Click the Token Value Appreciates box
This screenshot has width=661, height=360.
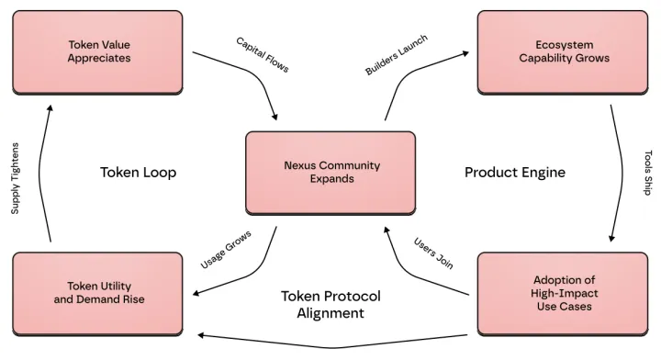point(98,52)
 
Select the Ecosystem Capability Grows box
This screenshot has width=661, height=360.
point(563,52)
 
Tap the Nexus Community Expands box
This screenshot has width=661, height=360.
point(330,173)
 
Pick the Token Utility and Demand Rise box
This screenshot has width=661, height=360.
point(98,294)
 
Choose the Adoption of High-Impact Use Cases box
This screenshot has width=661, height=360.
point(563,294)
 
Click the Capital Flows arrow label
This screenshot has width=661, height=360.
point(263,55)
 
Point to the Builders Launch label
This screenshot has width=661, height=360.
point(397,55)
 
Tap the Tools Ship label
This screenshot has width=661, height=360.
point(648,173)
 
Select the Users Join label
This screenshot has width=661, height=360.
point(433,253)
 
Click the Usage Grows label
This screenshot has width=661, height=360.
point(226,250)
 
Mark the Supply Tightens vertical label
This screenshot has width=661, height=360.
point(16,178)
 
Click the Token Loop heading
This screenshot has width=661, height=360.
point(139,173)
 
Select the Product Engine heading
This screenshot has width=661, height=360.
point(515,173)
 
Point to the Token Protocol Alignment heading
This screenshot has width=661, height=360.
point(330,304)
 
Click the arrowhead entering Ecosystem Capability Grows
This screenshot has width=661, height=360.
point(465,53)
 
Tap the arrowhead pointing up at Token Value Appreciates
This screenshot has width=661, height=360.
point(50,108)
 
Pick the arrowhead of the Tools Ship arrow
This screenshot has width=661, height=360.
point(611,238)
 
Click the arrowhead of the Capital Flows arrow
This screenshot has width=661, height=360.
point(274,117)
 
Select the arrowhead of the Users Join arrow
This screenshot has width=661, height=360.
point(387,231)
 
